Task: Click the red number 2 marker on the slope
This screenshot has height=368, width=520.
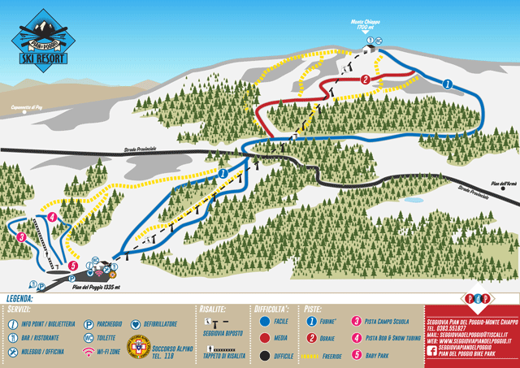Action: (x=366, y=80)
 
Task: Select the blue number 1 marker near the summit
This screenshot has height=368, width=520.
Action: (x=446, y=84)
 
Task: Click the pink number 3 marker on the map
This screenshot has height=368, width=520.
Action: (x=21, y=237)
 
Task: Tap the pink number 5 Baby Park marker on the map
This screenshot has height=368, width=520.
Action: (x=72, y=265)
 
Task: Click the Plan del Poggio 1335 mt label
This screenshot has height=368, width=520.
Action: (x=96, y=288)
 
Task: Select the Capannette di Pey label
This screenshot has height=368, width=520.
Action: (x=26, y=107)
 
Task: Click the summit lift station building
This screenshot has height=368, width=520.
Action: (x=370, y=49)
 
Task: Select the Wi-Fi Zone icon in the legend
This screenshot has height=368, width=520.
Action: (x=89, y=351)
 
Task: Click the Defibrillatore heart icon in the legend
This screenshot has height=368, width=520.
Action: (x=136, y=323)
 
